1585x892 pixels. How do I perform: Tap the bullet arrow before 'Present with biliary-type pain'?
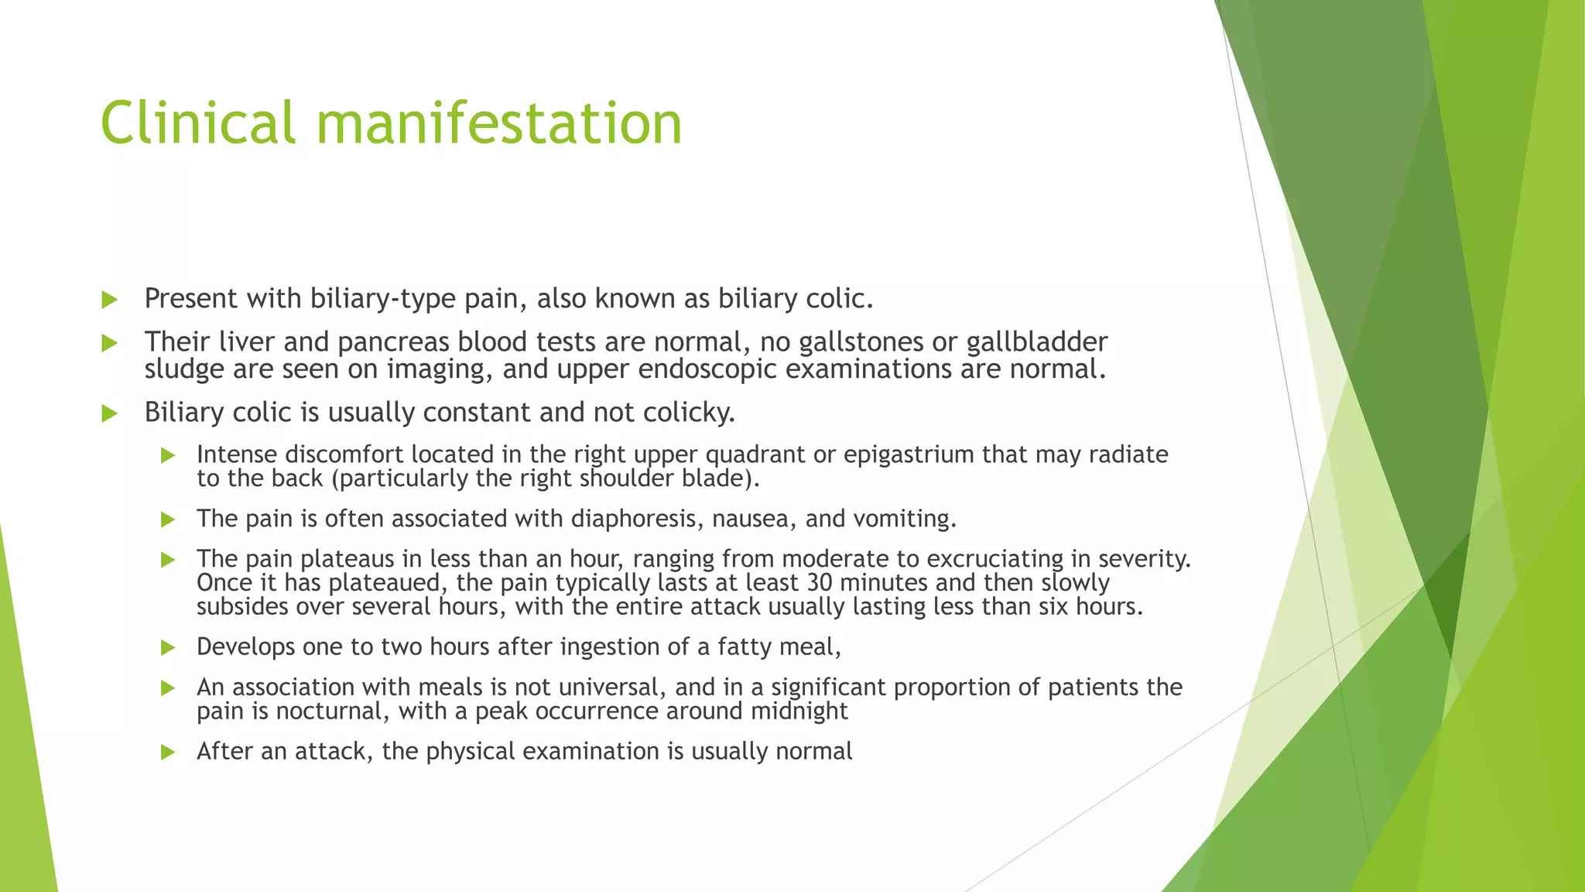pyautogui.click(x=109, y=300)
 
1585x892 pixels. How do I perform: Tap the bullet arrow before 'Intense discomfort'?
pyautogui.click(x=168, y=455)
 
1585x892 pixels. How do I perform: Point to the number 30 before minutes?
pyautogui.click(x=819, y=582)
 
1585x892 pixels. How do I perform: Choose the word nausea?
pyautogui.click(x=754, y=518)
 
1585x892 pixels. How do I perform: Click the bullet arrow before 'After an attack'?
pyautogui.click(x=168, y=752)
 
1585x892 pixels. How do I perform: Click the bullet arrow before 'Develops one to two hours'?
pyautogui.click(x=168, y=647)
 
